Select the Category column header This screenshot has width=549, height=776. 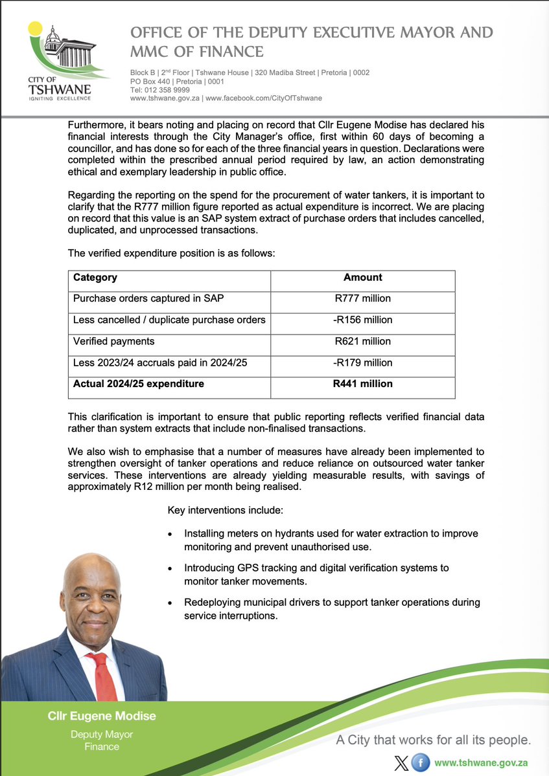(x=95, y=277)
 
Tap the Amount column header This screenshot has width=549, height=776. (x=362, y=277)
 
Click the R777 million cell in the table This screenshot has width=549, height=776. (x=362, y=298)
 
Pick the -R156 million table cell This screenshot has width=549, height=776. (x=362, y=320)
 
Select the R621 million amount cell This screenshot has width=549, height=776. (x=362, y=341)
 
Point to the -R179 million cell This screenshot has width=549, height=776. (x=362, y=362)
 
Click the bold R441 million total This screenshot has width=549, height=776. (x=362, y=384)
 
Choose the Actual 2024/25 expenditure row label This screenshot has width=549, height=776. (x=139, y=384)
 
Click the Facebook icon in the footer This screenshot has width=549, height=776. (x=421, y=762)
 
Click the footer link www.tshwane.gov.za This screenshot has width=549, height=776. (x=482, y=762)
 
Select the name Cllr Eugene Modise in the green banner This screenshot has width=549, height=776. (x=102, y=716)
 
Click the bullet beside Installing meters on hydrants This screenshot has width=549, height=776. (x=170, y=534)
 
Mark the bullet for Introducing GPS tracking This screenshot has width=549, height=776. (x=170, y=568)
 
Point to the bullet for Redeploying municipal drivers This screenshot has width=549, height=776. (x=170, y=603)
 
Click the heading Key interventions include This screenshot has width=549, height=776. (x=225, y=510)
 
